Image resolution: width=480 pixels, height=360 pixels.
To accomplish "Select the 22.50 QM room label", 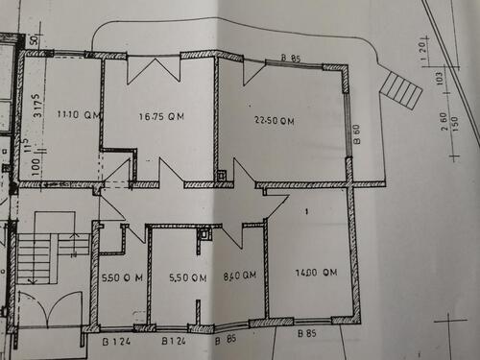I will click(x=275, y=121).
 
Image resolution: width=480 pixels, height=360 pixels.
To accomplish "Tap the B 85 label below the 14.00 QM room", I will click(x=306, y=333).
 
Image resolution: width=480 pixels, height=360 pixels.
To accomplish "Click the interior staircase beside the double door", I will click(x=38, y=257).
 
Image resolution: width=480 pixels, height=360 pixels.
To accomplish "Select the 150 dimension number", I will click(x=456, y=124).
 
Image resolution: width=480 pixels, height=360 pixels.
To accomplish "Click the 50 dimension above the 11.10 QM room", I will click(x=33, y=42).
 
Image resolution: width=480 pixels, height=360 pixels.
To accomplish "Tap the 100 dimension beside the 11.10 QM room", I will click(x=35, y=167).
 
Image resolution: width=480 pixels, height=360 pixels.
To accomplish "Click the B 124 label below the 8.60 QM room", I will click(x=173, y=341).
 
